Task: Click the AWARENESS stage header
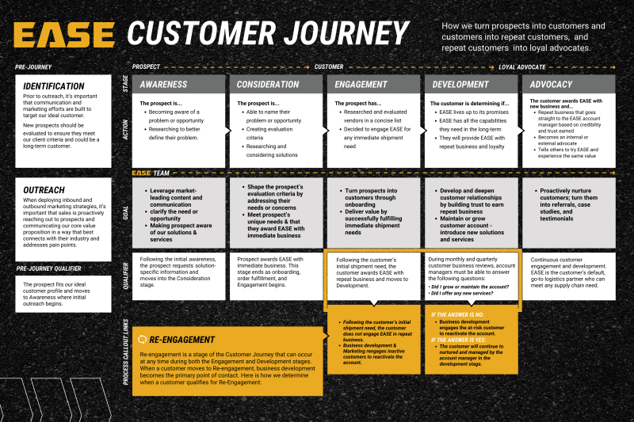[164, 84]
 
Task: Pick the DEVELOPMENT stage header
[460, 84]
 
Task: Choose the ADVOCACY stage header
[552, 84]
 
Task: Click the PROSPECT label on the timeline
[147, 67]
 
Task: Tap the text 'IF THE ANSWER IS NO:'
[457, 314]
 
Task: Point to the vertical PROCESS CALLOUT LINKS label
[126, 351]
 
